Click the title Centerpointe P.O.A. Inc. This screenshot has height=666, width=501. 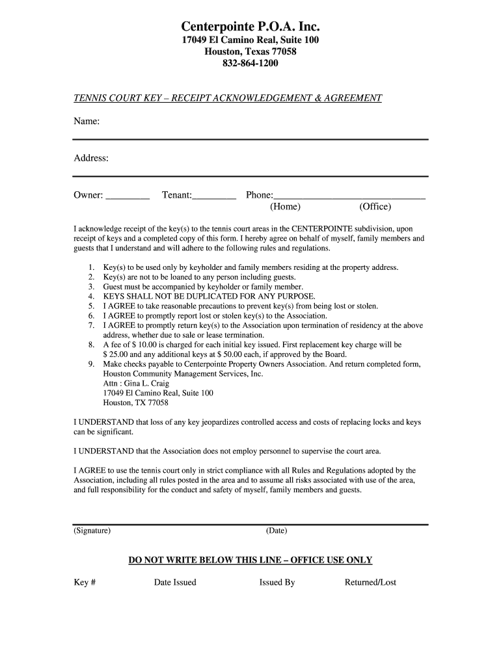(251, 27)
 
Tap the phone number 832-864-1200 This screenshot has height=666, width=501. (251, 64)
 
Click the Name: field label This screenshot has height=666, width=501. (87, 122)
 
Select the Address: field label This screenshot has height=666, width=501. (91, 158)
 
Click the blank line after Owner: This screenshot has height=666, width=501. (128, 195)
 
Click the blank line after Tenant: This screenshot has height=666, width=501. (215, 195)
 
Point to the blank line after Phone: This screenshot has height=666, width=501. (350, 195)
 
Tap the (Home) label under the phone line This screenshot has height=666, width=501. (285, 207)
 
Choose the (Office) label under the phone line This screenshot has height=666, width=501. (375, 207)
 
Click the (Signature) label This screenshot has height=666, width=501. (92, 531)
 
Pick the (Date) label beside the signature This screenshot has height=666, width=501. (277, 531)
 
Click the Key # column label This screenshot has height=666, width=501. (85, 582)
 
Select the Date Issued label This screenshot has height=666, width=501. (175, 582)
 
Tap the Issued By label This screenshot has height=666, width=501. (277, 582)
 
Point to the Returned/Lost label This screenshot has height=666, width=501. (370, 582)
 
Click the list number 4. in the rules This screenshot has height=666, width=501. (91, 297)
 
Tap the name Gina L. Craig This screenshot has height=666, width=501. (137, 384)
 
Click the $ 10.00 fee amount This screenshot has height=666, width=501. (146, 345)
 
